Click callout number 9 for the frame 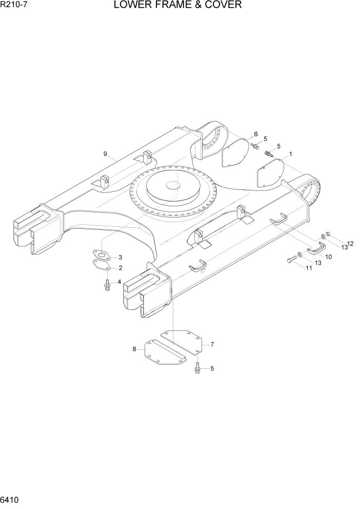(105, 153)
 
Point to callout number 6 (255, 134)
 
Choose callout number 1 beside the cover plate (291, 153)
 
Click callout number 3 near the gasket (120, 257)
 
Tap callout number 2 (120, 267)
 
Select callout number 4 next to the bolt (119, 281)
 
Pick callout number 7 (212, 345)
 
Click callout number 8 (134, 349)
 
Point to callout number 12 (351, 244)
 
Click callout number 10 (329, 256)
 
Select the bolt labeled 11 (292, 260)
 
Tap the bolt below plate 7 (197, 368)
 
